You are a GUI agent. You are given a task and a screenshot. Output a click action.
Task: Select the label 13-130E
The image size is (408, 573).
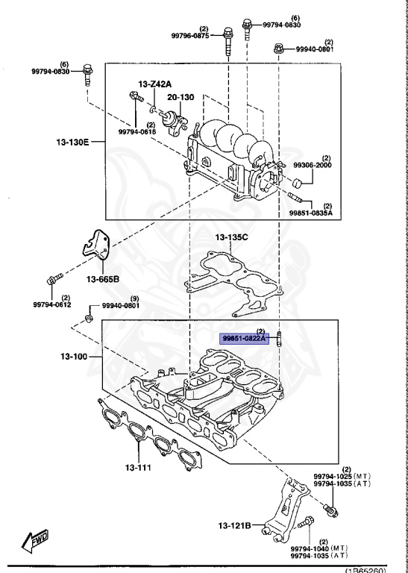click(72, 140)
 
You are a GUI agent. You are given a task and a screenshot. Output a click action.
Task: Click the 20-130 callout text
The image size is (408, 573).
click(180, 97)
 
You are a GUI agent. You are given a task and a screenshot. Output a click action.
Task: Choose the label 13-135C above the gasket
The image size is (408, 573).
click(231, 238)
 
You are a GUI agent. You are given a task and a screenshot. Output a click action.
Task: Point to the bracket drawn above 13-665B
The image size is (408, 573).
click(97, 251)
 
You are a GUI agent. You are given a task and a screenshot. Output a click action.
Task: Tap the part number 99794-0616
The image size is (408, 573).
click(137, 131)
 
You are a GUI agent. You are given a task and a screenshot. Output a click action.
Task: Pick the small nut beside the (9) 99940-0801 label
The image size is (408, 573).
click(87, 319)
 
